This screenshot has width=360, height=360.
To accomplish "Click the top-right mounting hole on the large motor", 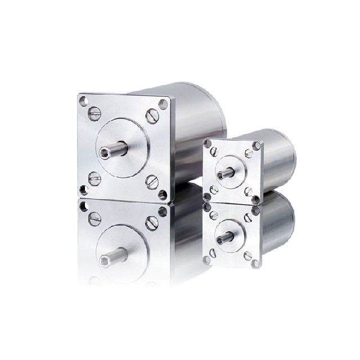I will (x=163, y=103).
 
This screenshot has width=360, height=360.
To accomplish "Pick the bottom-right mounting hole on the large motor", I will (x=163, y=195).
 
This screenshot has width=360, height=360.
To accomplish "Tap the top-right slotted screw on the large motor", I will (x=150, y=116).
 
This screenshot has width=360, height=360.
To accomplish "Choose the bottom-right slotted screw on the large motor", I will (x=150, y=181).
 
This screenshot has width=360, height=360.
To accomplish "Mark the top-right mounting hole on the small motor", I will (x=257, y=146).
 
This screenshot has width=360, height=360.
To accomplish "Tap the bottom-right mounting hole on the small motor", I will (x=256, y=199).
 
